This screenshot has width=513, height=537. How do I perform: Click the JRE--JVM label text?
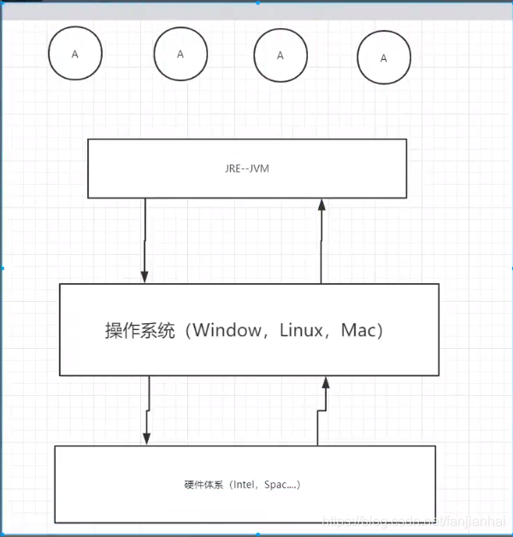tap(247, 169)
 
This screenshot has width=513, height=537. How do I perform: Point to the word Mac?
tap(359, 331)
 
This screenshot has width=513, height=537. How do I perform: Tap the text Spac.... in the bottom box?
tap(278, 485)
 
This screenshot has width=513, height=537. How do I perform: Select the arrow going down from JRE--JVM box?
tap(144, 239)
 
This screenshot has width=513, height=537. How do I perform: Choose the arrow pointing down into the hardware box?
tap(148, 410)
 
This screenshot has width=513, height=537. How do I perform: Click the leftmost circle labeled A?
tap(74, 54)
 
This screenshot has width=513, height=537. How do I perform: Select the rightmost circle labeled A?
tap(383, 58)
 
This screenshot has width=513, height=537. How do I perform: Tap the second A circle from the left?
tap(180, 53)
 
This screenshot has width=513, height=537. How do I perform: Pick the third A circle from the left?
tap(280, 55)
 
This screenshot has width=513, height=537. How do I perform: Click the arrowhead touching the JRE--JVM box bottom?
tap(321, 204)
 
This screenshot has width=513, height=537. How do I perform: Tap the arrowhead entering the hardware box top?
tap(147, 439)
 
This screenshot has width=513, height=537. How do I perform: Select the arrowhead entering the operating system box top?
tap(144, 276)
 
